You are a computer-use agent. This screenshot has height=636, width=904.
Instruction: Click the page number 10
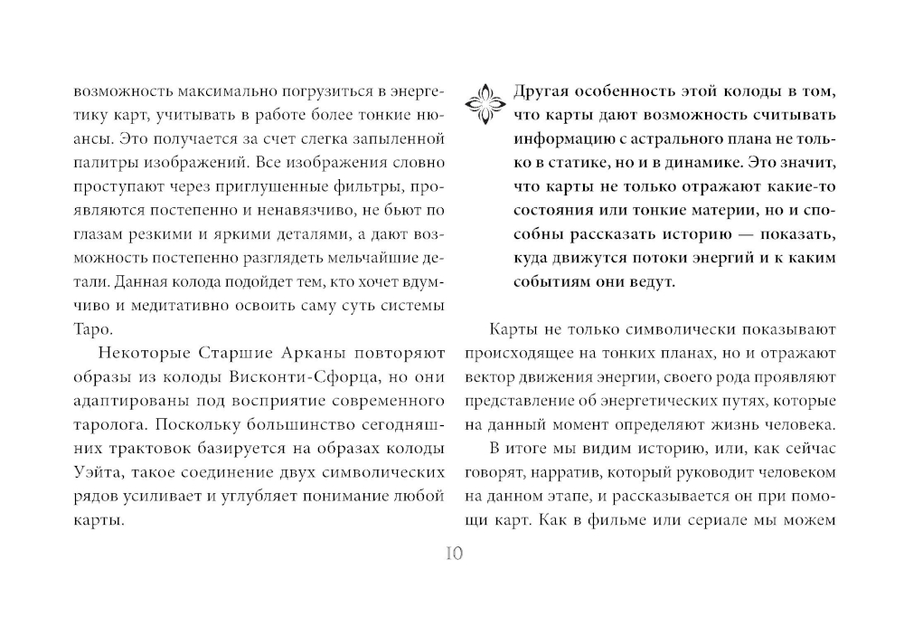click(x=453, y=554)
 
